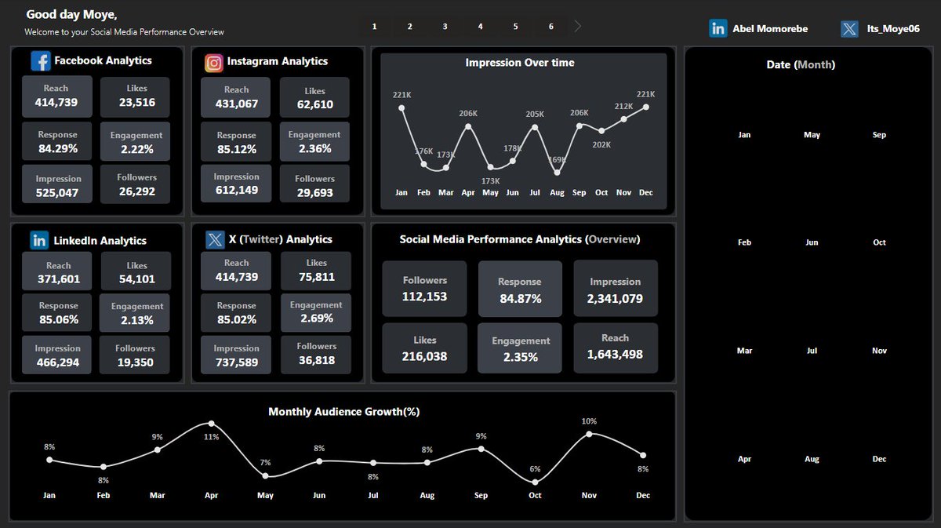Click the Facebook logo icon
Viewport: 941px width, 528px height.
tap(41, 61)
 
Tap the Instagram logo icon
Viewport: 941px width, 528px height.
tap(213, 63)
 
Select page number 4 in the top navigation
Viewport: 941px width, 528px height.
tap(480, 27)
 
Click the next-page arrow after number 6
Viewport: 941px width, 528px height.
tap(578, 27)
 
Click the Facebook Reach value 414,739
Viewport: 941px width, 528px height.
tap(56, 102)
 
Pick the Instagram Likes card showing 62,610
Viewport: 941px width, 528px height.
tap(314, 98)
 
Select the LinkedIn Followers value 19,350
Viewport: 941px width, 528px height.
tap(135, 362)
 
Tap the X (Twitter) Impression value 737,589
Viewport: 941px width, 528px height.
tap(236, 362)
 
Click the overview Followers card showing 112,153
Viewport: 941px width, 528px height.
tap(424, 289)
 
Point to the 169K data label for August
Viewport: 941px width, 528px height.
tap(558, 160)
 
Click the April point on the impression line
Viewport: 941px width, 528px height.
tap(468, 126)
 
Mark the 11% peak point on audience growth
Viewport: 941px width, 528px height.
tap(212, 424)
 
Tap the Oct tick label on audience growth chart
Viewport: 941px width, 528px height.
tap(535, 496)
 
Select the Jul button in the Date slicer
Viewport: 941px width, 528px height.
tap(812, 351)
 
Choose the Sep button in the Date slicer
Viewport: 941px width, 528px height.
tap(879, 135)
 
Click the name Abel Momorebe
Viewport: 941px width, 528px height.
tap(769, 29)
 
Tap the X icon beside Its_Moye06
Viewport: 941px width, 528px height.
tap(849, 29)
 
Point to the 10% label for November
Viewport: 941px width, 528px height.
tap(589, 421)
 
